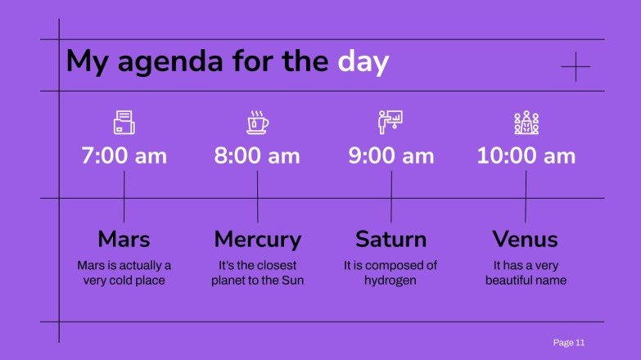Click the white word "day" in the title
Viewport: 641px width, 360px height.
pos(363,62)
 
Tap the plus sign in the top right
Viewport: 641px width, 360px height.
pos(576,66)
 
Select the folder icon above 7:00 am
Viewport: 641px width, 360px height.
pos(124,123)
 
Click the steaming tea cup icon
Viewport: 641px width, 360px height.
pos(258,123)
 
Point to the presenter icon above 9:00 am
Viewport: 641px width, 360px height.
pos(391,123)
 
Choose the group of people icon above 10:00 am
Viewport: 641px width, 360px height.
pos(526,123)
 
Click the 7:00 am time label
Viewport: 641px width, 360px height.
pos(124,155)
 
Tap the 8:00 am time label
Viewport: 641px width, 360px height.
pos(257,155)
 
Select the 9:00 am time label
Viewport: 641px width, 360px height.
pos(391,155)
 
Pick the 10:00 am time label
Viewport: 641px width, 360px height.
pos(526,155)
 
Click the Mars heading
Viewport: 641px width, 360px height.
pos(124,239)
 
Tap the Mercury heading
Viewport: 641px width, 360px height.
pos(258,239)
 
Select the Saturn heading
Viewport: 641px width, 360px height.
pos(390,239)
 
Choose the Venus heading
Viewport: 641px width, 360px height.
pos(525,239)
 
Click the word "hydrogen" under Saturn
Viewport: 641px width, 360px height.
pos(390,281)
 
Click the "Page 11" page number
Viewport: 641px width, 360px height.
pos(568,342)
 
